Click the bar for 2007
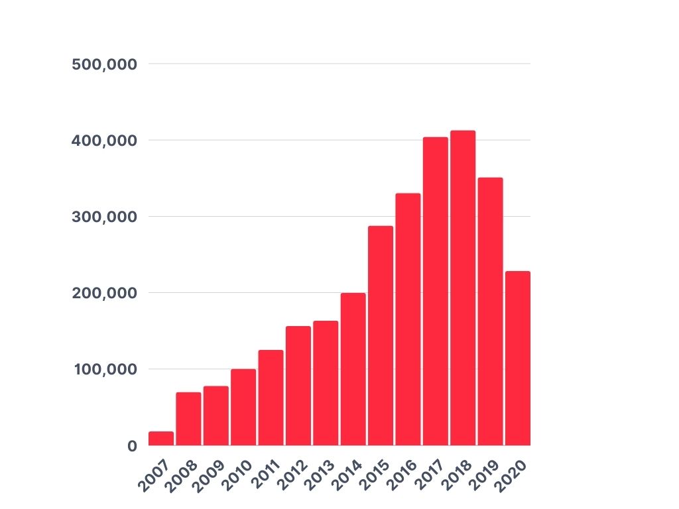(161, 438)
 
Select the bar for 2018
(463, 288)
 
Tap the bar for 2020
(518, 358)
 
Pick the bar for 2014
(353, 368)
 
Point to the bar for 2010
(243, 407)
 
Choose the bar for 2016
(408, 319)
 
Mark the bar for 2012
(298, 385)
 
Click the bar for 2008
(188, 418)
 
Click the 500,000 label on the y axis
(104, 64)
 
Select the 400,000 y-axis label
(104, 141)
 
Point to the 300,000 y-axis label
(104, 217)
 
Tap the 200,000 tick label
(104, 293)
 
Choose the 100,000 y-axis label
(104, 369)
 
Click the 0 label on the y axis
(133, 446)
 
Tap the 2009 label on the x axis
(208, 474)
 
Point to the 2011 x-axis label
(263, 474)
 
